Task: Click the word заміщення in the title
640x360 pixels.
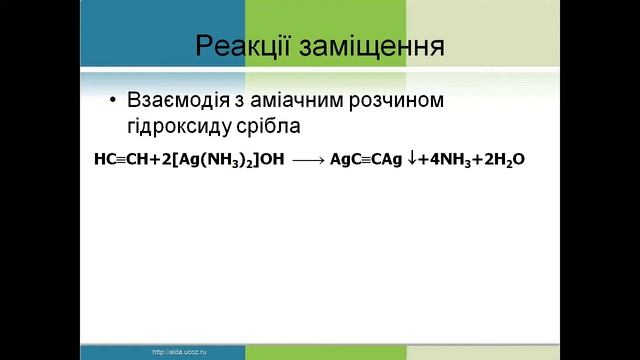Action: (375, 47)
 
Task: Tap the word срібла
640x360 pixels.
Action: (271, 127)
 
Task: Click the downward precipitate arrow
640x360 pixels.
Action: (414, 157)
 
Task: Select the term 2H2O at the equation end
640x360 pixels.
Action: (503, 158)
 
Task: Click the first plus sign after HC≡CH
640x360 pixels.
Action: (149, 158)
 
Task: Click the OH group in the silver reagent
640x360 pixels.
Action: (272, 158)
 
